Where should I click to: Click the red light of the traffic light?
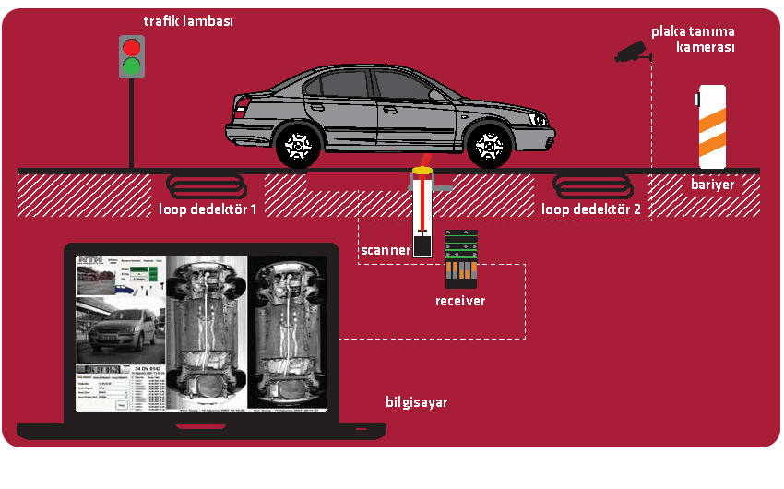point(133,47)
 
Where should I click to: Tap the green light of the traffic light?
point(133,66)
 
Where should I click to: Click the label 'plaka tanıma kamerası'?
point(693,39)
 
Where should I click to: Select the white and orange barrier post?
point(711,120)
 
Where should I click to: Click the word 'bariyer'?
point(712,185)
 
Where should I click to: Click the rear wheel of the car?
point(297,145)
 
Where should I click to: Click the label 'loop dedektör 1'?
point(208,209)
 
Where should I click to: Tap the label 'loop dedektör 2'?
point(591,209)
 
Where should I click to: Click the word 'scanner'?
point(385,250)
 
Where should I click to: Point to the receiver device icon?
point(459,257)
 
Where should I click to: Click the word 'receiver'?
point(460,301)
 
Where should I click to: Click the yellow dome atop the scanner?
point(422,170)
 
